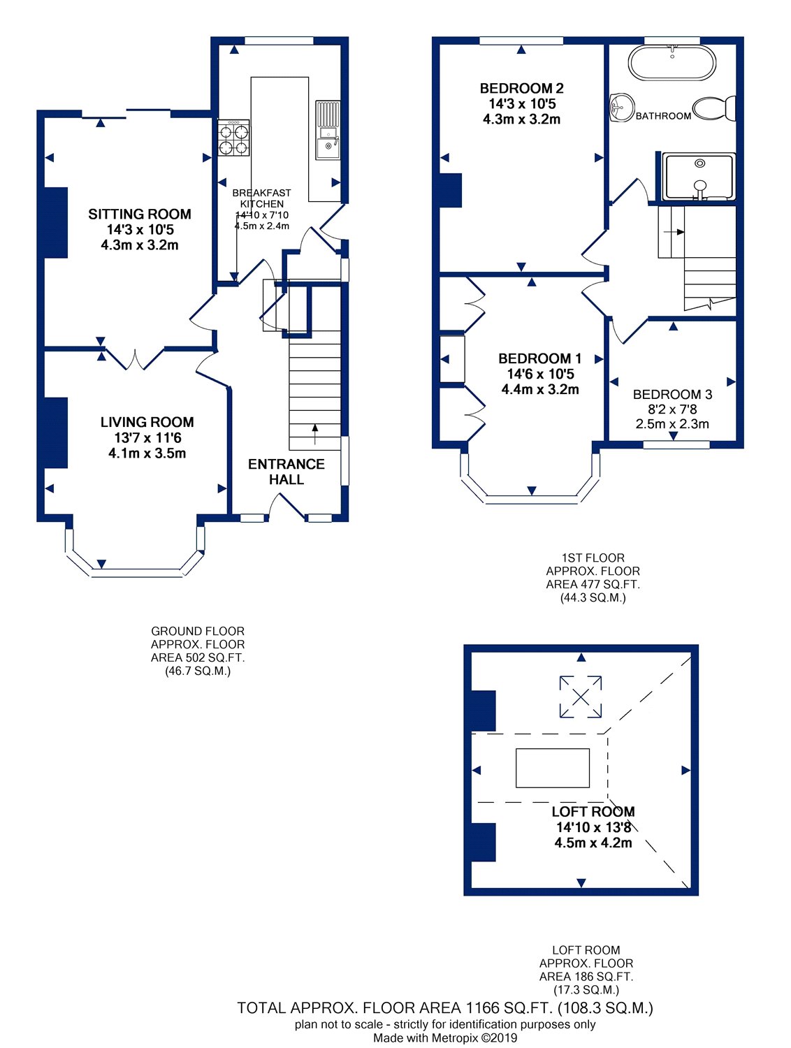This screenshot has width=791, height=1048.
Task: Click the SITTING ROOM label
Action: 139,214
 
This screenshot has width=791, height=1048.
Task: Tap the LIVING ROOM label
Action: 147,422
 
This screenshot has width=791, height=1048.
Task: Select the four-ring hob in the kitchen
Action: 233,138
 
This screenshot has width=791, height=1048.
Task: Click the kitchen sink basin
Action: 327,149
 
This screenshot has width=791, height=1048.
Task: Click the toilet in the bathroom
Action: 714,108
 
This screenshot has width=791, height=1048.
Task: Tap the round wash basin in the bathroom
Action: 621,107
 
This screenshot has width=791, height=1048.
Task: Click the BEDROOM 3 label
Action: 672,394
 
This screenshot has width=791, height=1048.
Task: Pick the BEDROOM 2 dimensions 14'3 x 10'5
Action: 522,103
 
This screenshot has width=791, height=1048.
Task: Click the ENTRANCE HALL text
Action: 286,471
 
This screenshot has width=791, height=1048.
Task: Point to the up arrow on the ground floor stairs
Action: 314,434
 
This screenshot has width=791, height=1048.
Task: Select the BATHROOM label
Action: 664,116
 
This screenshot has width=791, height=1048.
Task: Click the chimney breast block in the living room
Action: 56,432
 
